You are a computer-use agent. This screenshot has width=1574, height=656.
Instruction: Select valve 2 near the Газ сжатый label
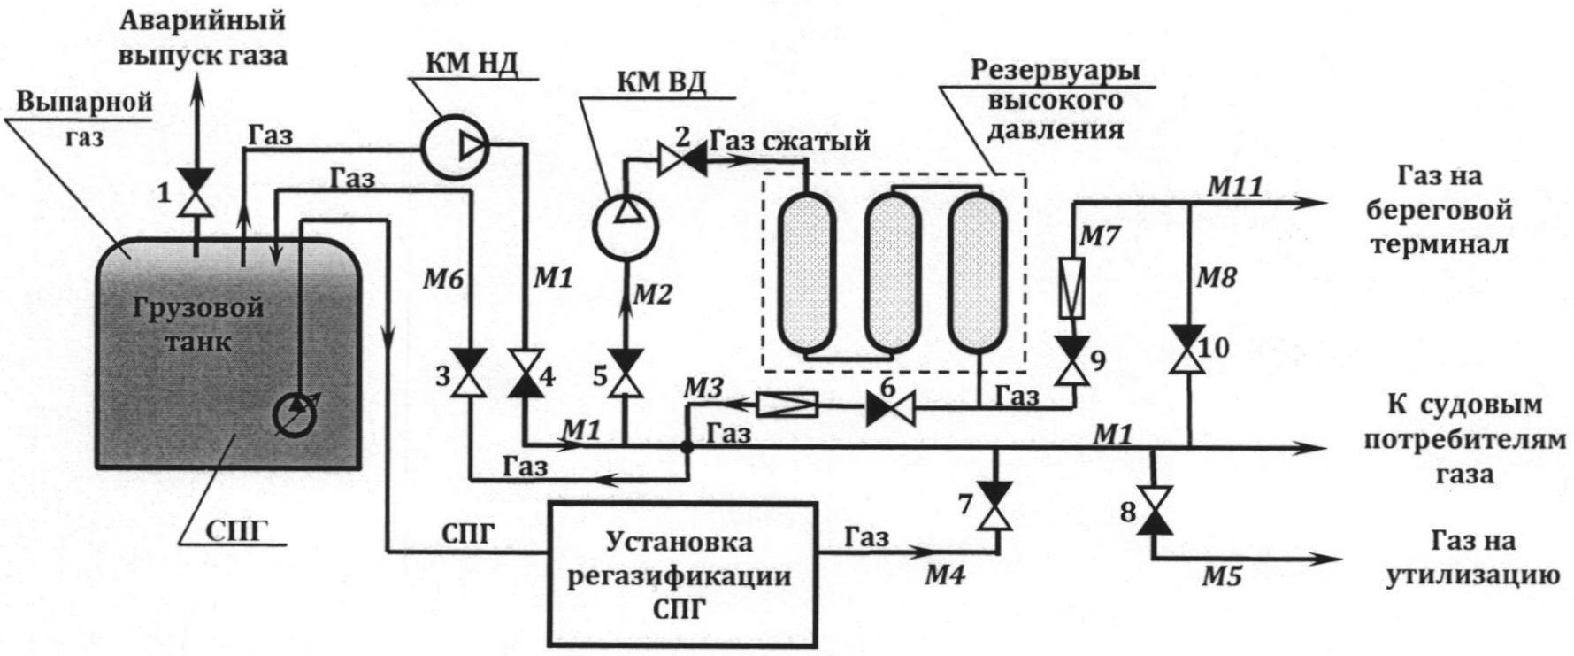click(681, 159)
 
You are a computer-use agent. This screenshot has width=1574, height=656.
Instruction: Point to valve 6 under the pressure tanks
click(890, 407)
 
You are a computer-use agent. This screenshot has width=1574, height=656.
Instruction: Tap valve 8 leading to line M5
click(1154, 511)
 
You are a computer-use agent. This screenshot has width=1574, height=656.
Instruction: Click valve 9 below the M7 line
click(1073, 359)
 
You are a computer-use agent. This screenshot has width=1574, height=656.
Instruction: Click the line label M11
click(1235, 186)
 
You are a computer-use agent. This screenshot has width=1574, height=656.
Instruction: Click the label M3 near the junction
click(704, 387)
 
